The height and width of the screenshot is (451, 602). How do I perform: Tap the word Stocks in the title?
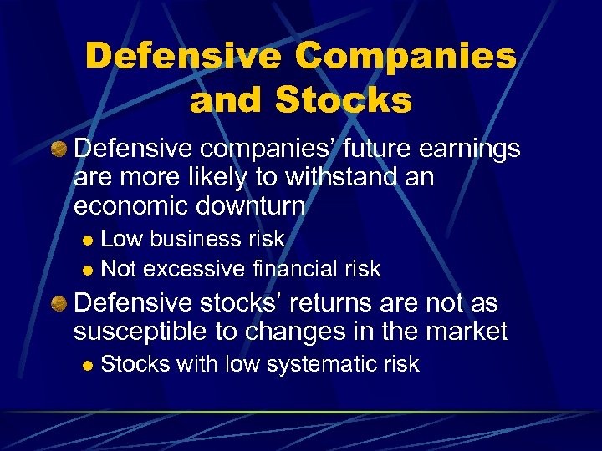click(343, 100)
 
